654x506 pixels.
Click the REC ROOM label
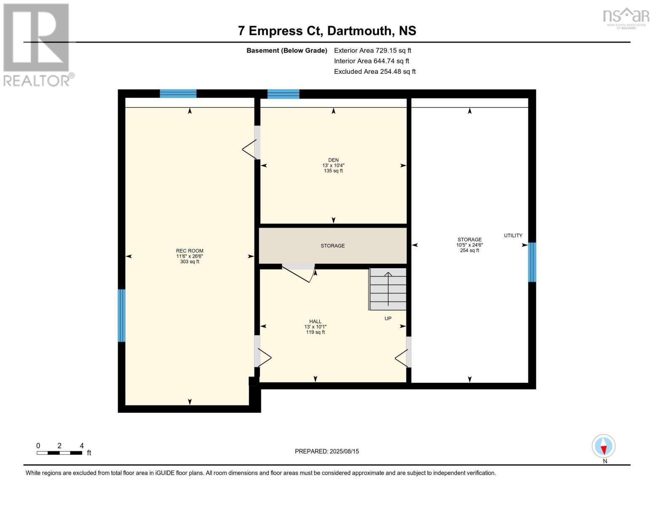190,251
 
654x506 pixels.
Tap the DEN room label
333,160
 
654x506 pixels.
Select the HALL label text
315,321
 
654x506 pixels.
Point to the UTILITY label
513,236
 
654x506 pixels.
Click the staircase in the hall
388,289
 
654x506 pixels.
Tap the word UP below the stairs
388,318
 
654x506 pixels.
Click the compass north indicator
603,447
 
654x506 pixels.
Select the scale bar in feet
59,453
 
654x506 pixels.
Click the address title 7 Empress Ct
327,31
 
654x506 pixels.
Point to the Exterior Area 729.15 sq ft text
372,51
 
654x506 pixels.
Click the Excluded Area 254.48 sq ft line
374,72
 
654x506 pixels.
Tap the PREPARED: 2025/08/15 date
327,451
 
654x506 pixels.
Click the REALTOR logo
37,44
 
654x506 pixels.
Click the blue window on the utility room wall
532,262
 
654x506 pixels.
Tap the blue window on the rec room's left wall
122,315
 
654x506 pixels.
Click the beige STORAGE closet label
333,246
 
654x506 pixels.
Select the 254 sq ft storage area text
470,250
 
